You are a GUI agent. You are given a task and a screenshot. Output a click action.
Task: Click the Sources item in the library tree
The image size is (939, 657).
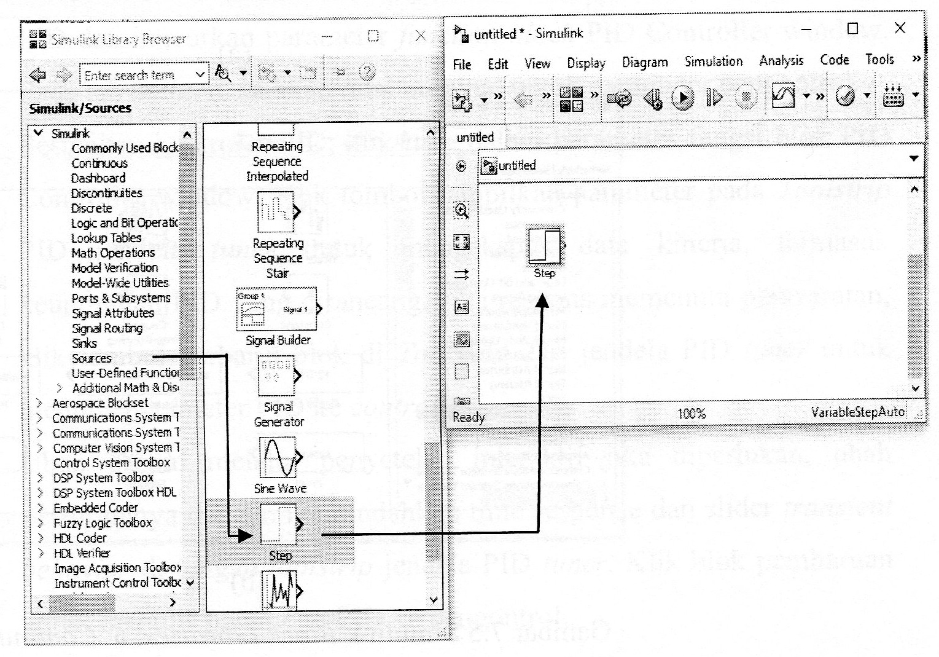pyautogui.click(x=92, y=358)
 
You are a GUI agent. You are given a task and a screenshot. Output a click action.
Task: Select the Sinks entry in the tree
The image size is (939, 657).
pyautogui.click(x=84, y=343)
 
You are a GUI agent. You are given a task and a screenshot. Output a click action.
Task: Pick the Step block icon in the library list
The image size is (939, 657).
pyautogui.click(x=278, y=524)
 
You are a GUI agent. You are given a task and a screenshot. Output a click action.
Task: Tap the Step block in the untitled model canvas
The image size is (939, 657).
pyautogui.click(x=545, y=246)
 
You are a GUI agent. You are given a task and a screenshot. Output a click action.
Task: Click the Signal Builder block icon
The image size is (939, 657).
pyautogui.click(x=277, y=309)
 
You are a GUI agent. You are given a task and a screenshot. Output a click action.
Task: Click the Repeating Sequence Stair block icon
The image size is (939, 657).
pyautogui.click(x=276, y=211)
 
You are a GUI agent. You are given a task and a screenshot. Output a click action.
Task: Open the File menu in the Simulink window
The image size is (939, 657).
pyautogui.click(x=462, y=65)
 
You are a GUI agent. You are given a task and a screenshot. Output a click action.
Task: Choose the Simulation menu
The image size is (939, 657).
pyautogui.click(x=714, y=61)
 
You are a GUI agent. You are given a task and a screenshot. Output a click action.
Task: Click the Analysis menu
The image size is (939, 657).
pyautogui.click(x=781, y=60)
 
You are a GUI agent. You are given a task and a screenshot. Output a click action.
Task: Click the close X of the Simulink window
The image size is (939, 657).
pyautogui.click(x=900, y=28)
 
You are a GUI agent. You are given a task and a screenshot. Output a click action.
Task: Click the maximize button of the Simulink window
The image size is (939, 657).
pyautogui.click(x=852, y=29)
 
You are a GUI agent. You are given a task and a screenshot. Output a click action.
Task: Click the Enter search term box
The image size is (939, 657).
pyautogui.click(x=138, y=75)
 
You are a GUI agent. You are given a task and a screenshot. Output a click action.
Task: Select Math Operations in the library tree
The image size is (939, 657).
pyautogui.click(x=113, y=253)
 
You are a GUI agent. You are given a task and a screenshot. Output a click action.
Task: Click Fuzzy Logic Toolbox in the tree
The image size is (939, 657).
pyautogui.click(x=103, y=523)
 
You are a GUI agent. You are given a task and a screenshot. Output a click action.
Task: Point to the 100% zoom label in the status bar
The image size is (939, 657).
pyautogui.click(x=692, y=414)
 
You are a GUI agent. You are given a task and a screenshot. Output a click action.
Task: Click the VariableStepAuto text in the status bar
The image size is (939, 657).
pyautogui.click(x=857, y=412)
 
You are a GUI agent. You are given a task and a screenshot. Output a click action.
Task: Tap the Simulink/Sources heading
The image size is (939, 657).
pyautogui.click(x=80, y=108)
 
